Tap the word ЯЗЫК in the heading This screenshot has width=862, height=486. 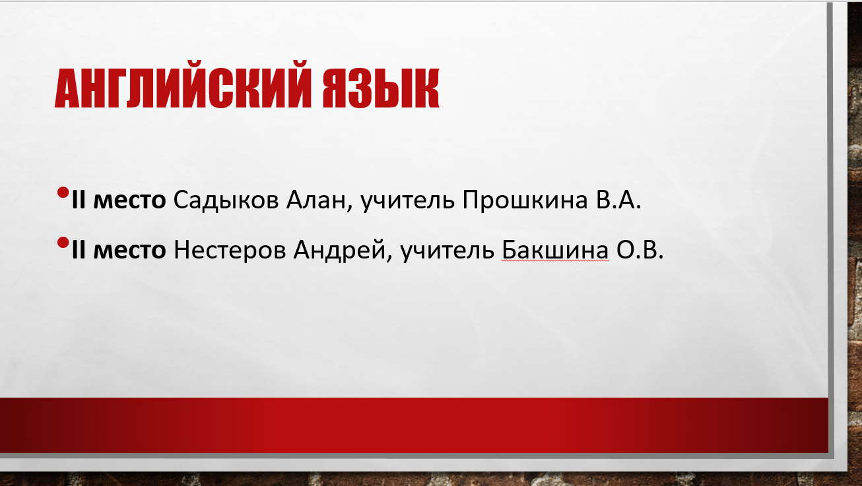(x=381, y=88)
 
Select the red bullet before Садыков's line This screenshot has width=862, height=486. (x=63, y=193)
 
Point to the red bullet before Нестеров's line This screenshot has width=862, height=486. (x=63, y=243)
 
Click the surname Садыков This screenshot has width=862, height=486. (x=226, y=200)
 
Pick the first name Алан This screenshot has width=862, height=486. (x=315, y=200)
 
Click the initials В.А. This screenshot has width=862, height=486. (x=618, y=200)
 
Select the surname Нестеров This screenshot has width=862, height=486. (x=230, y=251)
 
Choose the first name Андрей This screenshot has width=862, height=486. (x=339, y=251)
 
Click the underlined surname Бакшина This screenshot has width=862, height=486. (x=555, y=250)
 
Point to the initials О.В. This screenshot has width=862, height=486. (x=640, y=250)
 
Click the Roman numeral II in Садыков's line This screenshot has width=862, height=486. (x=79, y=200)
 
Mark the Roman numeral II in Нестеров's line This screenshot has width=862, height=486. (x=79, y=250)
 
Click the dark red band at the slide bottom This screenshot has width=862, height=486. (x=414, y=425)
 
